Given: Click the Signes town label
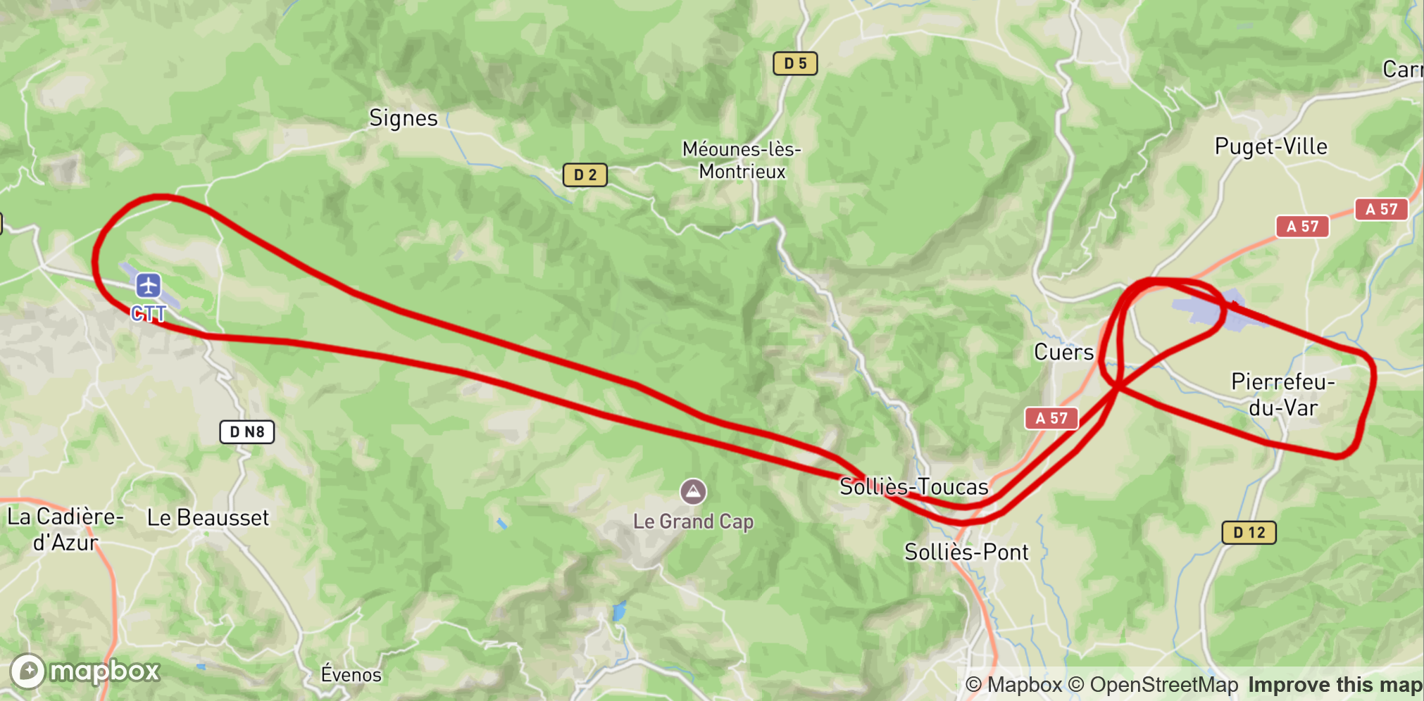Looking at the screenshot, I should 404,118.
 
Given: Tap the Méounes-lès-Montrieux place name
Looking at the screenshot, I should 742,160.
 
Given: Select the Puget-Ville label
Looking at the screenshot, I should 1270,146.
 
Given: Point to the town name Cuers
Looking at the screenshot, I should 1063,352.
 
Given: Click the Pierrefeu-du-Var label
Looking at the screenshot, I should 1282,395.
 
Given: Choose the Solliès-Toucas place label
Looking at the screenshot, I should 913,486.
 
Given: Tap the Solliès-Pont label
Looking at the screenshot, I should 966,552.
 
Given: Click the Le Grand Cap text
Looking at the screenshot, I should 693,522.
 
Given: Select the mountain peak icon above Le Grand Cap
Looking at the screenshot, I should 693,491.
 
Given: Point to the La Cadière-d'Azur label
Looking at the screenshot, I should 65,529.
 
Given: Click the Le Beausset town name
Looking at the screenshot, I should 208,518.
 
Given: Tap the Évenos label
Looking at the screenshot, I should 351,674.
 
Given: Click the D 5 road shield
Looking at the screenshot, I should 795,63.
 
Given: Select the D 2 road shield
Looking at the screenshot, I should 585,175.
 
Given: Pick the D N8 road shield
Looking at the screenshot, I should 246,431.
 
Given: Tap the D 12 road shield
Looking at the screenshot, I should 1249,532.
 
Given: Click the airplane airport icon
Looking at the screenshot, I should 148,286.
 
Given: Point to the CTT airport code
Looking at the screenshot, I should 149,313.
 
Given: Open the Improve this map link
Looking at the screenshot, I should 1335,685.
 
